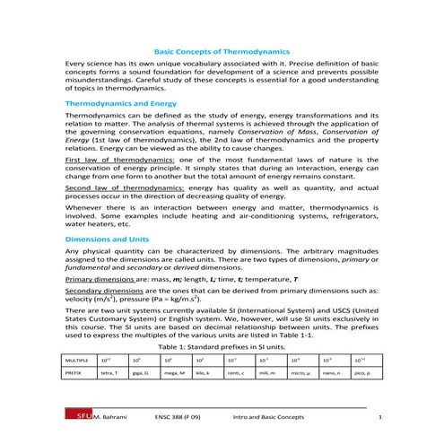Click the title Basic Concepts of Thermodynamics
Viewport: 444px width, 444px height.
coord(222,53)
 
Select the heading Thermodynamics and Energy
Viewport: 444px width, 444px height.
coord(119,104)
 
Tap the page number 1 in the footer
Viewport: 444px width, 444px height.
coord(381,418)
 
